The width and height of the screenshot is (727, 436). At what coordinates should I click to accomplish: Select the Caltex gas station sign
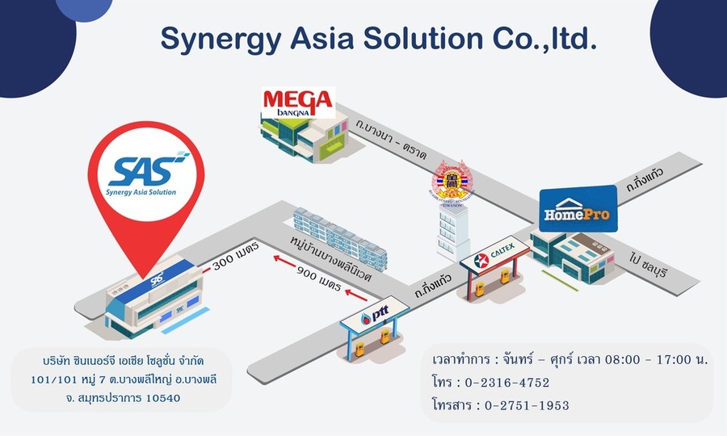tap(495, 259)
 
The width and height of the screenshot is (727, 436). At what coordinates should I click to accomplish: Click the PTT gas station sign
tap(375, 316)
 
